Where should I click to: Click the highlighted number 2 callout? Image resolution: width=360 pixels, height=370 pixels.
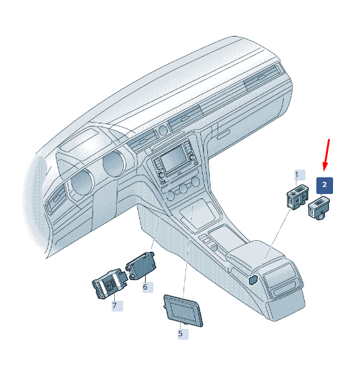point(325,186)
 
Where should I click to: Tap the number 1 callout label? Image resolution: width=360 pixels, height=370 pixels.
point(300,175)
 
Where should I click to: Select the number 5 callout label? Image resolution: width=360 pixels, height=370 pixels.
point(183,333)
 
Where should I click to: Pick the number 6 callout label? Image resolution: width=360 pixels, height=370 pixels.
point(148,287)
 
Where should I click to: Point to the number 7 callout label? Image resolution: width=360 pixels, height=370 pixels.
point(117,306)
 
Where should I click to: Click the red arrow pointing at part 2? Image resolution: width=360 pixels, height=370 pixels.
point(327,155)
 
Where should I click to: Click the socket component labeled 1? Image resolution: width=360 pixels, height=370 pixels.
point(298,197)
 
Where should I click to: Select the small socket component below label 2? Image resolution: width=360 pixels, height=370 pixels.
point(319,208)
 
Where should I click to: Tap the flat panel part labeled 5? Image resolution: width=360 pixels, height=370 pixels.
point(183,310)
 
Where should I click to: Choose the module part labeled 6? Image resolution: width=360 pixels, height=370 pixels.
point(141,266)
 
